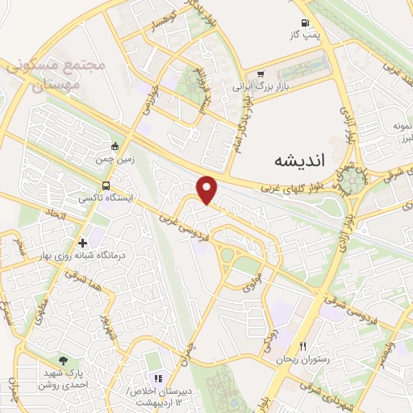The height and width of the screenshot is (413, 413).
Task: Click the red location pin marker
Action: click(208, 190)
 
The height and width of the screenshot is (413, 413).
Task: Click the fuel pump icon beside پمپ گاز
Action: click(304, 23)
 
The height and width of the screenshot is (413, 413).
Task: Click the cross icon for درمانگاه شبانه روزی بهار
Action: click(83, 242)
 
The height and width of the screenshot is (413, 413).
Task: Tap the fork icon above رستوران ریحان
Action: click(303, 345)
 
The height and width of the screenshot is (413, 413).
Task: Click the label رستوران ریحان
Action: click(303, 357)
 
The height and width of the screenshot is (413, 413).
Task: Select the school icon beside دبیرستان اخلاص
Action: click(159, 378)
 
